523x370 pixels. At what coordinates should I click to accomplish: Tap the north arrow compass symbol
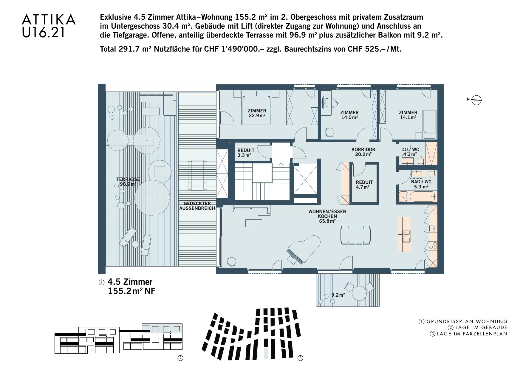pyautogui.click(x=477, y=100)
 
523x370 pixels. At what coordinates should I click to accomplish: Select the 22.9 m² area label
pyautogui.click(x=257, y=116)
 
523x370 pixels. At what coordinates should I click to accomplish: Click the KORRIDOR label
pyautogui.click(x=363, y=149)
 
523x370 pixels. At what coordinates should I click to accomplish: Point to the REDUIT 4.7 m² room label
pyautogui.click(x=364, y=185)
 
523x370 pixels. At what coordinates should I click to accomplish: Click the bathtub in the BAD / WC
pyautogui.click(x=423, y=197)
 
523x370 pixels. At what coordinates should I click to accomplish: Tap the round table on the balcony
pyautogui.click(x=359, y=293)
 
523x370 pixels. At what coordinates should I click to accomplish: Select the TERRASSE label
pyautogui.click(x=128, y=179)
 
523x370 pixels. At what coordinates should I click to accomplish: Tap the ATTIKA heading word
pyautogui.click(x=49, y=20)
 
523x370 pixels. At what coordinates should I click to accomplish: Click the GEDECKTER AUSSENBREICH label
pyautogui.click(x=197, y=206)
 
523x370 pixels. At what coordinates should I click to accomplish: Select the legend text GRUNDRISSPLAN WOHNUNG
pyautogui.click(x=467, y=322)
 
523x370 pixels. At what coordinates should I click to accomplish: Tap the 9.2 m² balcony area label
pyautogui.click(x=338, y=295)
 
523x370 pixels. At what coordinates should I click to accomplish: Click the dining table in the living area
pyautogui.click(x=355, y=235)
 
